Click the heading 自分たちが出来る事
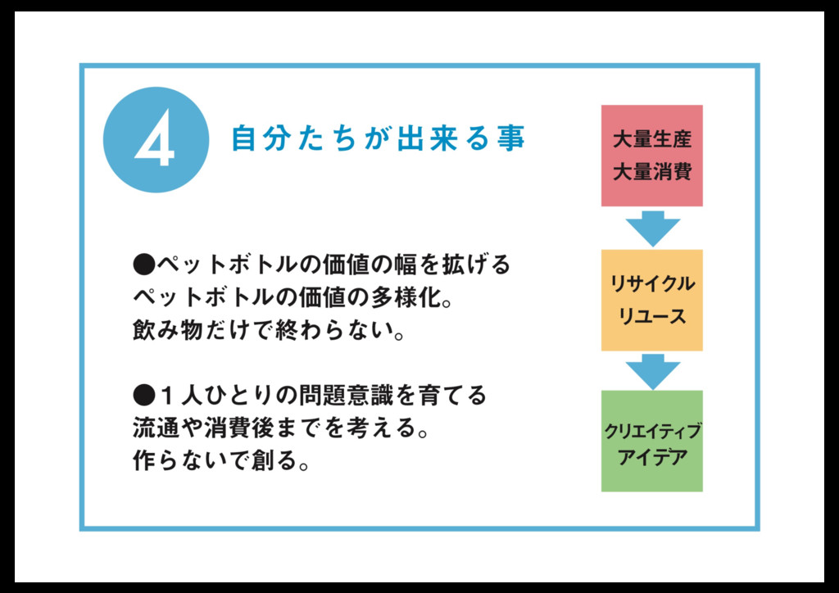(x=378, y=138)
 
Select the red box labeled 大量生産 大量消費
(x=652, y=156)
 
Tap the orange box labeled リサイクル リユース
(x=652, y=300)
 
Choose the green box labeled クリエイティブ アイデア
(x=652, y=441)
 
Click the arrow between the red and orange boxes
(x=652, y=227)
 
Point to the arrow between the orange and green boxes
(x=652, y=370)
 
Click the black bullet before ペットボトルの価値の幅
(x=143, y=265)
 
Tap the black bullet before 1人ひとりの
(x=143, y=396)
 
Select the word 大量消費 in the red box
(x=652, y=173)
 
